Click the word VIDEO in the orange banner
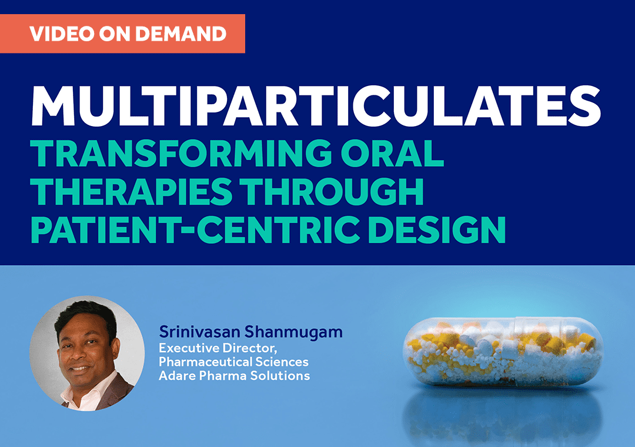click(61, 34)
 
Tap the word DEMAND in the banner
click(181, 34)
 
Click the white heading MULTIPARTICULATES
click(316, 106)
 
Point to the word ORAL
click(392, 153)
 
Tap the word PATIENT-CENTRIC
click(195, 229)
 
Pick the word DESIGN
click(437, 229)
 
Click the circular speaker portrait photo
click(87, 353)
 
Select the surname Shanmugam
click(293, 332)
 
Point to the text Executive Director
click(218, 348)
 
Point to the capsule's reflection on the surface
click(503, 414)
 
